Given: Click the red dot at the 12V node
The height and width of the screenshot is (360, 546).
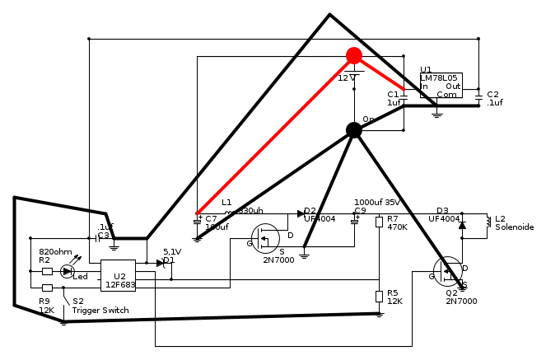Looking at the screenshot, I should (354, 56).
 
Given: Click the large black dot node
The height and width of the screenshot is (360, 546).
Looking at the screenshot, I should (354, 129).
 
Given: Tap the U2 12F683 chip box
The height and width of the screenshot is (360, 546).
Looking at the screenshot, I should (118, 274).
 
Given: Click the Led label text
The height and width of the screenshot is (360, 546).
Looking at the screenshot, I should (80, 277).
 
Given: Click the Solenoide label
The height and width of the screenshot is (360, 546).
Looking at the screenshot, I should (514, 227).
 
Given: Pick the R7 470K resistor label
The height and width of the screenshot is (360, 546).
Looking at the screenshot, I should (397, 222).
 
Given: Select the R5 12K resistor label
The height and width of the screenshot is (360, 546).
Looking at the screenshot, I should (395, 297).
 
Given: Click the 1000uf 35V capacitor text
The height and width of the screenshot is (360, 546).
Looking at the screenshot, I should (377, 202).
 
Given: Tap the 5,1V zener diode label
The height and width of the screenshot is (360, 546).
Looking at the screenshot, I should (171, 252).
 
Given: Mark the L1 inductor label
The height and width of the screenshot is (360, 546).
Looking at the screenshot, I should (226, 202).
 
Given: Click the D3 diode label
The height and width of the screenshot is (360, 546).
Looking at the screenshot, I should (442, 210).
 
